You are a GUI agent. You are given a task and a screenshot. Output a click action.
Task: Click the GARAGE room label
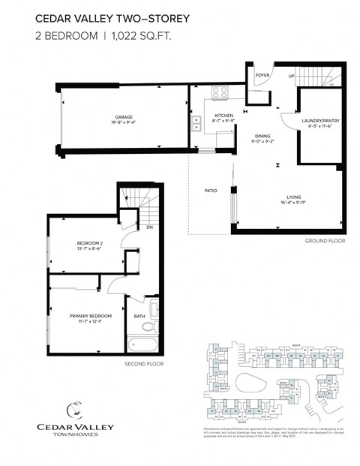pos(124,117)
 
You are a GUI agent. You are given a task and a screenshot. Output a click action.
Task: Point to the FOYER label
pos(262,76)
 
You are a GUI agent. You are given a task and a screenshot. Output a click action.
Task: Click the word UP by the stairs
pos(292,76)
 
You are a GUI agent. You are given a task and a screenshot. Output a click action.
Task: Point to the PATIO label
pos(211,191)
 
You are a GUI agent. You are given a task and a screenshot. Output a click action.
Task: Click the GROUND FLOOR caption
pos(323,241)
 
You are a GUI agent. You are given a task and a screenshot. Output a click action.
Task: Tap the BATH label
pos(139,316)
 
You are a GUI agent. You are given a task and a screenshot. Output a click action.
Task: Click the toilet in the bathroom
pos(148,328)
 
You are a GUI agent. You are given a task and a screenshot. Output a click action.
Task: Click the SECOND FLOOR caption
pos(143,364)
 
